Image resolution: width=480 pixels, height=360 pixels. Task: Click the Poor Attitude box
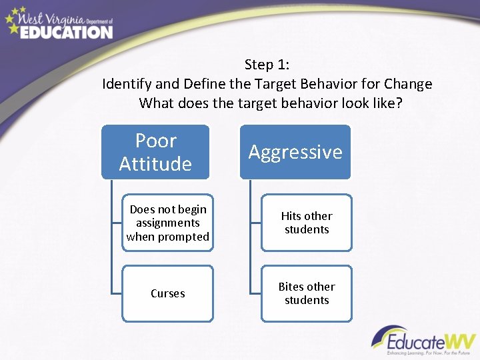coord(155,152)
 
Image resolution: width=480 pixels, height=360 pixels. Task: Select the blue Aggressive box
coord(295,152)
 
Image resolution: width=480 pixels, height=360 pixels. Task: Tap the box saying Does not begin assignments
coord(168,223)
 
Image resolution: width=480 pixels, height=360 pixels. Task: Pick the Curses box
coord(168,293)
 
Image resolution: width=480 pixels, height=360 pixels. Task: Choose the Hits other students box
coord(307,223)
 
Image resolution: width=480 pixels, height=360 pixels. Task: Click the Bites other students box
coord(307,293)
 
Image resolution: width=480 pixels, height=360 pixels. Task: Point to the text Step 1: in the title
coord(267,65)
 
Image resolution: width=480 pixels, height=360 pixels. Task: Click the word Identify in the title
coord(124,84)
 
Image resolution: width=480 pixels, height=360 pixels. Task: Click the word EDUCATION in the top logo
coord(66,31)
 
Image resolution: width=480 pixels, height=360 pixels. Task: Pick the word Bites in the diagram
coord(292,287)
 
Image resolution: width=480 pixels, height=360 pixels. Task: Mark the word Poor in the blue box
coord(155,141)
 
